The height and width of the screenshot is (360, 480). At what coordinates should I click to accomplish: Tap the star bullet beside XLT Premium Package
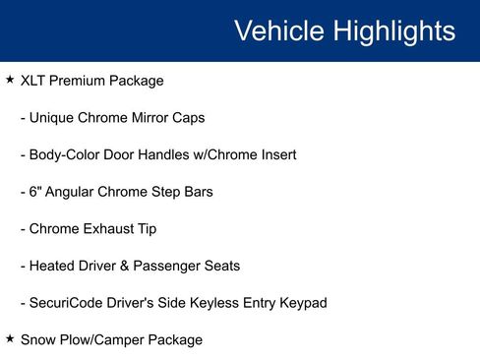click(9, 79)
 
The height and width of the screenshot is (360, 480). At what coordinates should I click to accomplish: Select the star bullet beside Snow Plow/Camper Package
click(9, 338)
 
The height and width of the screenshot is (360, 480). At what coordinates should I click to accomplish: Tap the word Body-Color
click(66, 154)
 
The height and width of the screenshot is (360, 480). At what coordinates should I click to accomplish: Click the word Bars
click(196, 192)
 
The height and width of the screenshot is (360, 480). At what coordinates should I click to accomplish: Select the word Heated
click(54, 266)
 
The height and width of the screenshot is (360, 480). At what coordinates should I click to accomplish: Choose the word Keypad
click(302, 303)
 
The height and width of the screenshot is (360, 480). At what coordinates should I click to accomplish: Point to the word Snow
click(38, 340)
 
